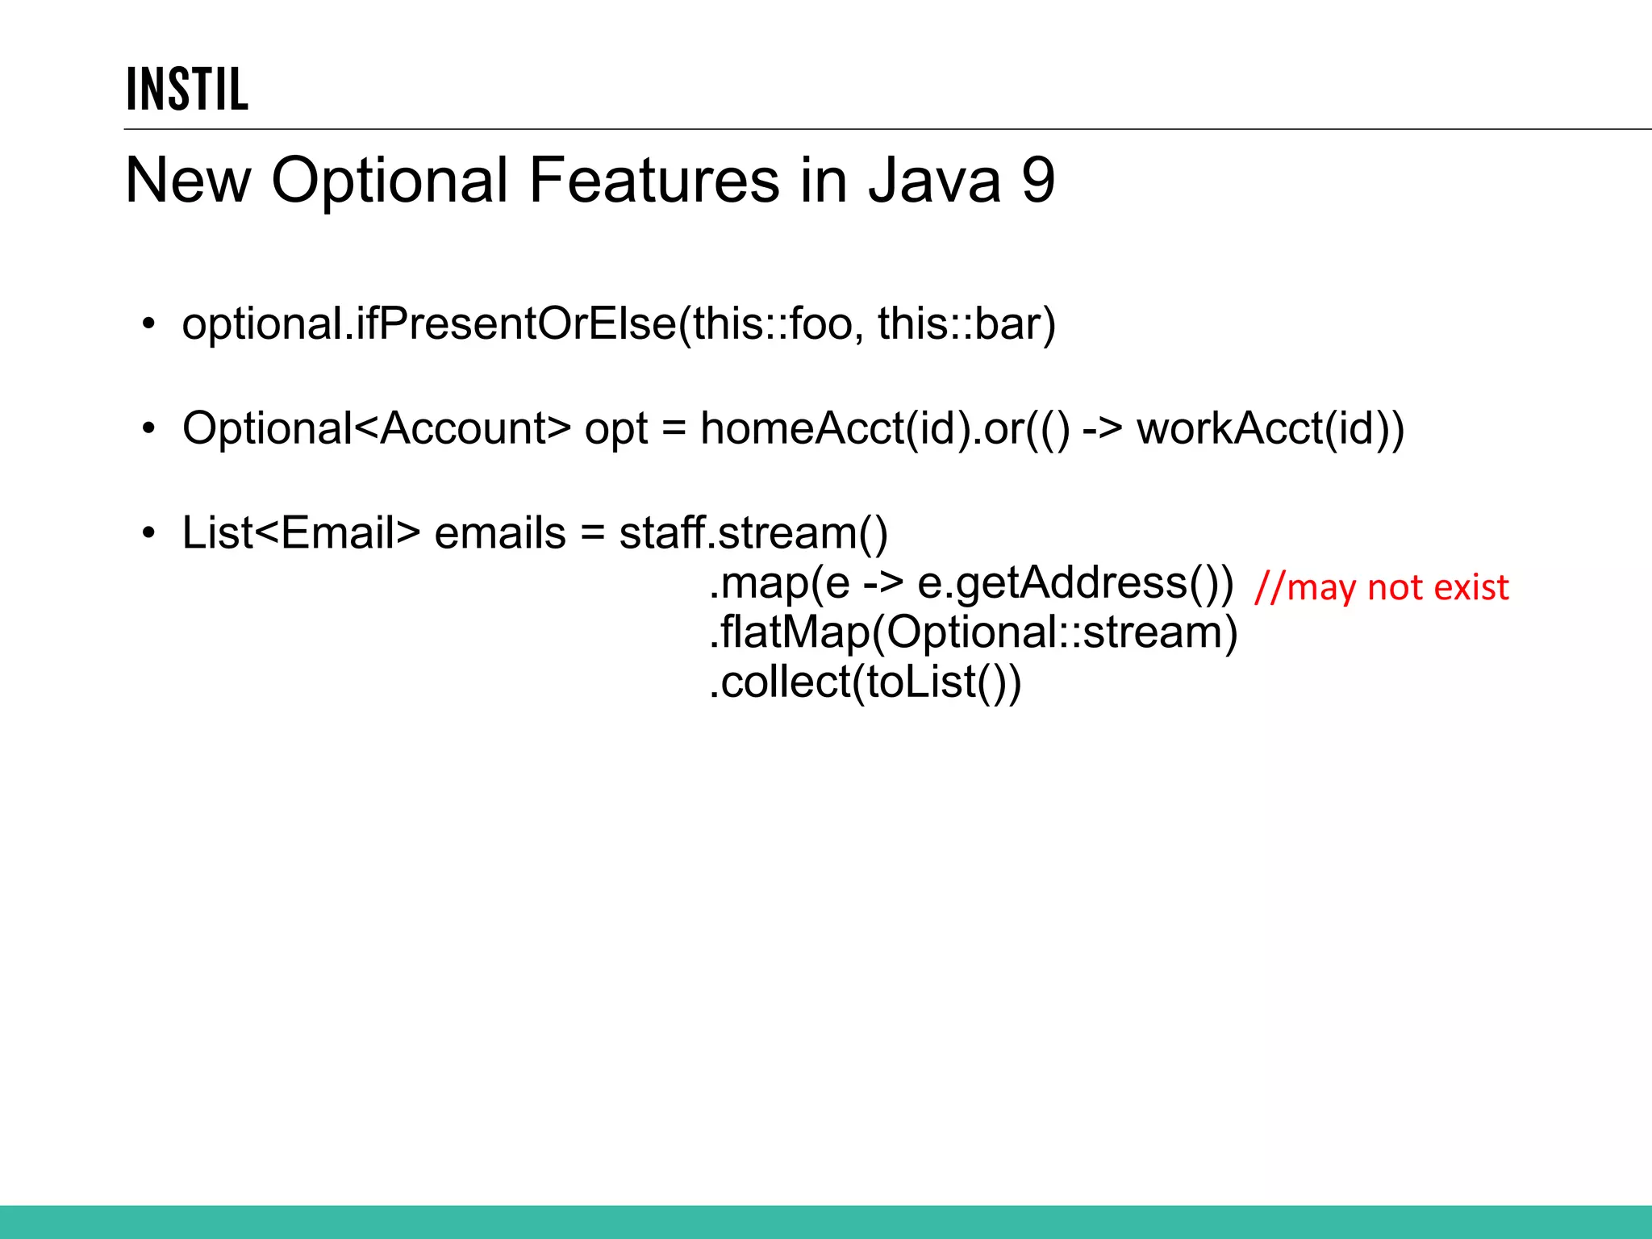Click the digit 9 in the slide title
tap(1038, 180)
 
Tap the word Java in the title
tap(934, 180)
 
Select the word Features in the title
tap(654, 180)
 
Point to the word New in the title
tap(188, 180)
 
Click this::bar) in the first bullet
tap(966, 324)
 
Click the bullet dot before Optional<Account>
tap(148, 429)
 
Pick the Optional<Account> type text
tap(376, 428)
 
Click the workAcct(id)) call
tap(1270, 428)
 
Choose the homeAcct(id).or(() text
tap(885, 428)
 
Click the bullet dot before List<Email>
tap(148, 534)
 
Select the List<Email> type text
tap(301, 533)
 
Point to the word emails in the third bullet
tap(500, 533)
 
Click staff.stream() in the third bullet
tap(753, 533)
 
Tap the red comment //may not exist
tap(1381, 587)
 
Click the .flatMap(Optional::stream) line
tap(973, 632)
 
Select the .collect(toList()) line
tap(865, 682)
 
